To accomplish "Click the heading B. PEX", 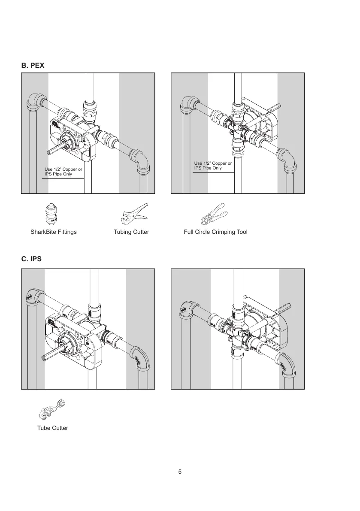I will (33, 66).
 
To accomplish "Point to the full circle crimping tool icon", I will (213, 214).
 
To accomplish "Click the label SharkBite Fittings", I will (54, 232).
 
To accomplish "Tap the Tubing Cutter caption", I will (131, 232).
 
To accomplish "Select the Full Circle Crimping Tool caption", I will (216, 232).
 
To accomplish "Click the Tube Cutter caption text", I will (52, 428).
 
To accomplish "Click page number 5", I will (180, 472).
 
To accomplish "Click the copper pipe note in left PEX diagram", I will (63, 172).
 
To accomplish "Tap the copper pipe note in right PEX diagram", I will (213, 166).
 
